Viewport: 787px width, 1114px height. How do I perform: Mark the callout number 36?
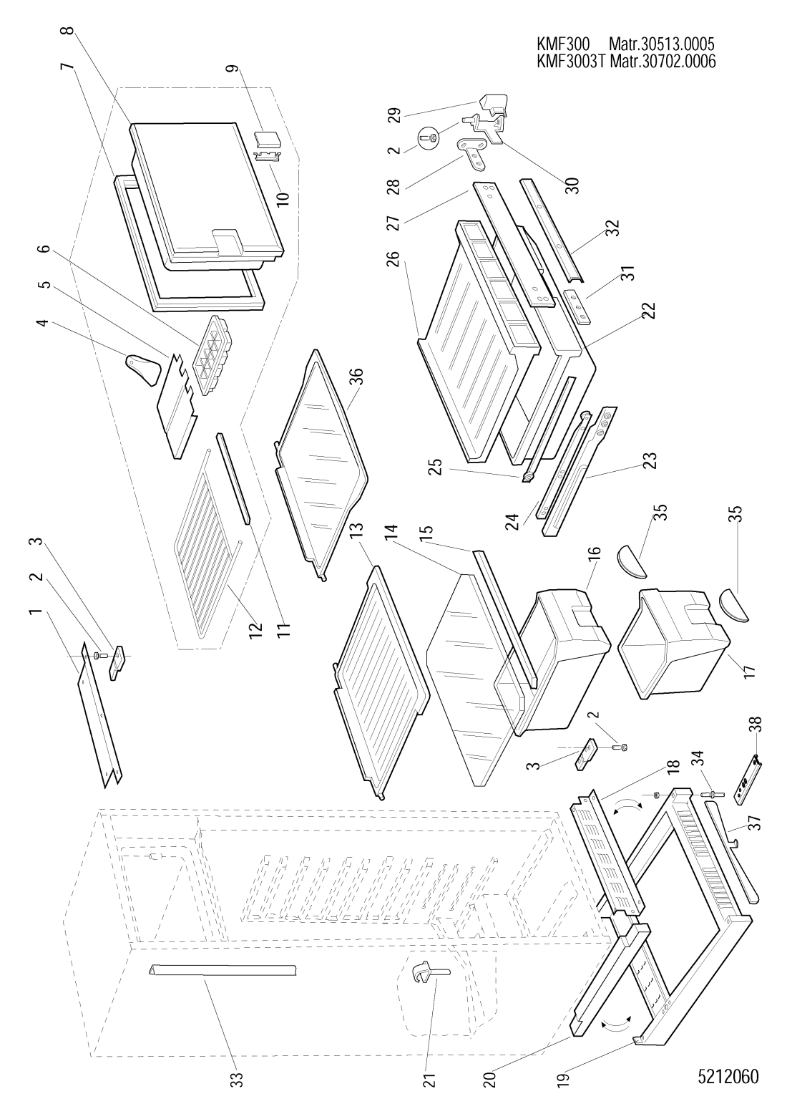point(355,377)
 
